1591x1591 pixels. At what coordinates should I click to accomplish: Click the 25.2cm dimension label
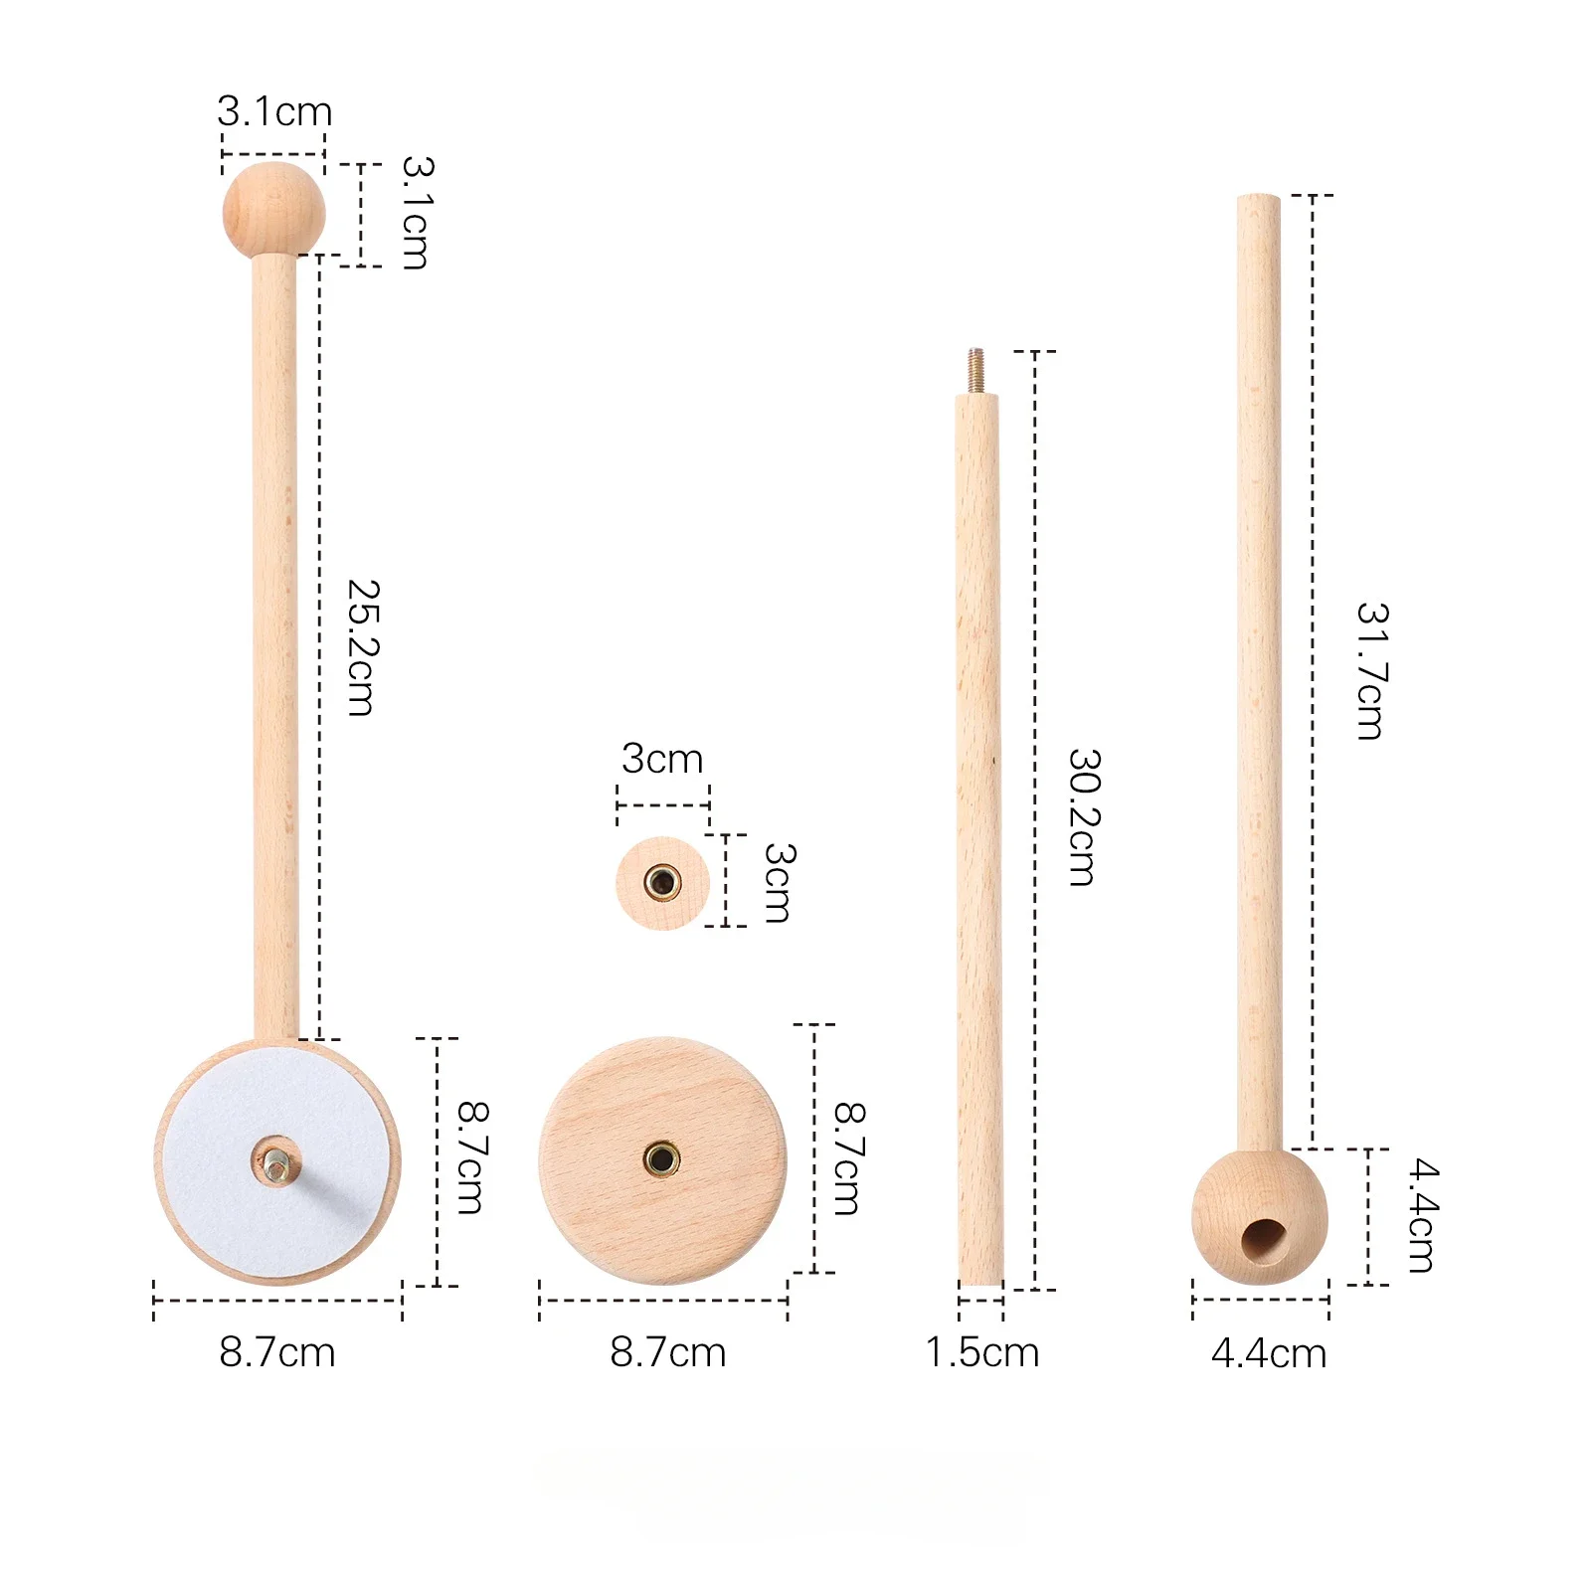[x=363, y=647]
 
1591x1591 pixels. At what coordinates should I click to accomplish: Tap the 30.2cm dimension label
[x=1085, y=817]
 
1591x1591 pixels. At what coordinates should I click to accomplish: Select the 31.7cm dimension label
[x=1372, y=671]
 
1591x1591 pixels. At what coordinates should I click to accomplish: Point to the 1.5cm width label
[x=982, y=1352]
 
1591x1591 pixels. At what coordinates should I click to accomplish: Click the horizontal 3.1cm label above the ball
[x=274, y=111]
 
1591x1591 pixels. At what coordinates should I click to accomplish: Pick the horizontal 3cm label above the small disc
[x=662, y=759]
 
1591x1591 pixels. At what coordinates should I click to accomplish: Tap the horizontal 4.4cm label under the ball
[x=1269, y=1353]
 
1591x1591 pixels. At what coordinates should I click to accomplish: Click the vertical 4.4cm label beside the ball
[x=1422, y=1216]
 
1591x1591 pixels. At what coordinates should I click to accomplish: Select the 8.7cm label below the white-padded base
[x=277, y=1352]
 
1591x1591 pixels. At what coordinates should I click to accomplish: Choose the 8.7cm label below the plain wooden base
[x=668, y=1352]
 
